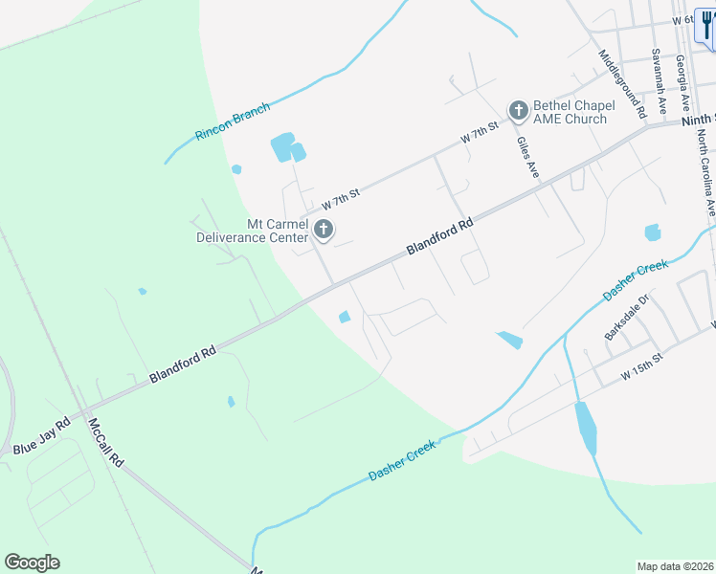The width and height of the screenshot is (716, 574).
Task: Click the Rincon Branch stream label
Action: [x=233, y=122]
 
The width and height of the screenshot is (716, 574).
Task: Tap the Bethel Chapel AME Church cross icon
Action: [x=518, y=111]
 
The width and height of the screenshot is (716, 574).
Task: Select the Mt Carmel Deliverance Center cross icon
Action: [x=324, y=229]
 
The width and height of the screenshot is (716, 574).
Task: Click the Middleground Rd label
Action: [x=621, y=84]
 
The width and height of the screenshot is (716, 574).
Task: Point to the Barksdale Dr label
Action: [x=627, y=317]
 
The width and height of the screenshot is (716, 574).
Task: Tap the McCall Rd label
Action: [x=106, y=442]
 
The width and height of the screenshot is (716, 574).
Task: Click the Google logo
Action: [x=32, y=563]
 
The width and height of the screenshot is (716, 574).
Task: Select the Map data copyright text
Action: [x=675, y=565]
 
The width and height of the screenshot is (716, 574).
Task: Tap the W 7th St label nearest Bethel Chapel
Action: [x=480, y=133]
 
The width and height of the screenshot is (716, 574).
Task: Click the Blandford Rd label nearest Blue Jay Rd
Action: [x=183, y=365]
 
